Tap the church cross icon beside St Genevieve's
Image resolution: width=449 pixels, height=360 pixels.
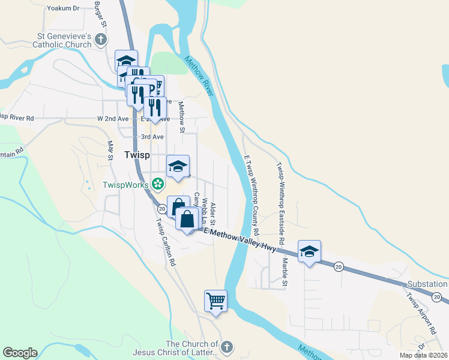point(101,40)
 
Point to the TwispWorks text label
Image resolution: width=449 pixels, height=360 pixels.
point(125,185)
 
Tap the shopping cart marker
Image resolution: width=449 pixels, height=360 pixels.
point(215,301)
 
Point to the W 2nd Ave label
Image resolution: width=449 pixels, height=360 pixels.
point(113,119)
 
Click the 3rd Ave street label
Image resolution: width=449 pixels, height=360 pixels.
point(152,137)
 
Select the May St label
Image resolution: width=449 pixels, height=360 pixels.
point(110,150)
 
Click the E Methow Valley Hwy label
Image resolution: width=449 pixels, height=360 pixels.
point(240,239)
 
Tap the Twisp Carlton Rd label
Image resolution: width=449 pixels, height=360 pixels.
point(165,242)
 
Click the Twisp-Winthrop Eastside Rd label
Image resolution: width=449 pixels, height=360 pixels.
point(280,192)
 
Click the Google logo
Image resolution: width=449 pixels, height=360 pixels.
point(20,353)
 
